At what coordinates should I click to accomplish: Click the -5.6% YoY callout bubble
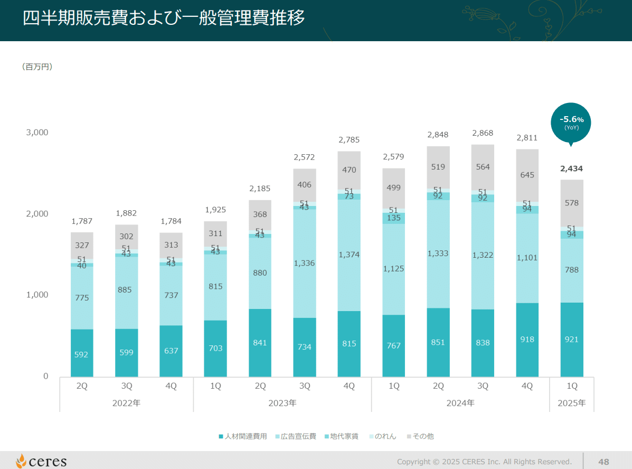point(571,123)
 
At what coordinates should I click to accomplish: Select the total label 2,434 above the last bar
point(572,169)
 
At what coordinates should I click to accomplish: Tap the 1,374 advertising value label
point(349,255)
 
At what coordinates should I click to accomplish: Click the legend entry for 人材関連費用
point(243,436)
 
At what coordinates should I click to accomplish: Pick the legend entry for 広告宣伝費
point(295,436)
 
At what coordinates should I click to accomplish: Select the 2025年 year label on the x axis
point(572,403)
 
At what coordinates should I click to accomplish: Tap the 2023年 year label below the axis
point(282,403)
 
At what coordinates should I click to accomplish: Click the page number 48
point(604,462)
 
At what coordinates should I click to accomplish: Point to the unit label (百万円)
point(37,67)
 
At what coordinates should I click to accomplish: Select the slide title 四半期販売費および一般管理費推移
point(164,18)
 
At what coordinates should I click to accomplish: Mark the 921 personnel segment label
point(572,340)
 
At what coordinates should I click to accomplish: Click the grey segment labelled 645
point(527,175)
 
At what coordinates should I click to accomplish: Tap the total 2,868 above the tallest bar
point(483,133)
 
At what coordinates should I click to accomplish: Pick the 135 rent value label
point(394,218)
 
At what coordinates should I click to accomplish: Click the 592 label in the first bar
point(81,355)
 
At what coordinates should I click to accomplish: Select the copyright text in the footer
point(484,462)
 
